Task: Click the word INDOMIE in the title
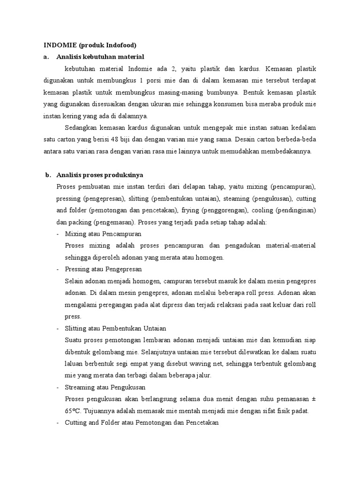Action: click(60, 45)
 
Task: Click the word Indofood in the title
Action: click(118, 45)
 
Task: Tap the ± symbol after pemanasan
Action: click(313, 399)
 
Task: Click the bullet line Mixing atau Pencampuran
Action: click(103, 233)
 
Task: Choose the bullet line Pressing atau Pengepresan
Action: click(104, 270)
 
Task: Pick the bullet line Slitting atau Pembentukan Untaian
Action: click(116, 328)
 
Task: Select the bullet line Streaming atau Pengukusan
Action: click(105, 387)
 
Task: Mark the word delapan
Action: click(192, 187)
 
